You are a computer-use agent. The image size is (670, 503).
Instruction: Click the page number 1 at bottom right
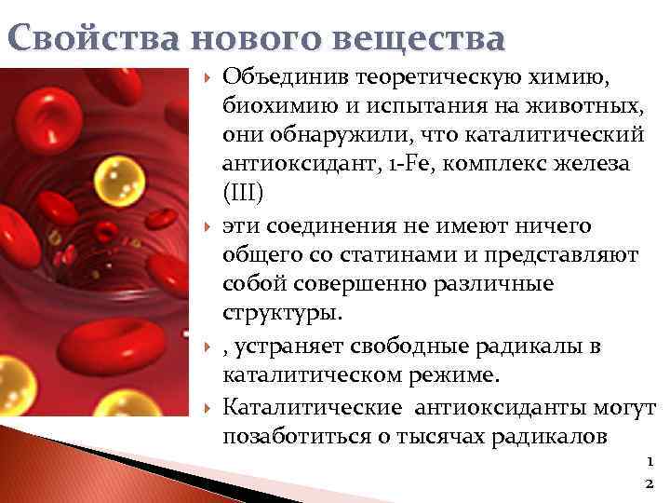click(649, 460)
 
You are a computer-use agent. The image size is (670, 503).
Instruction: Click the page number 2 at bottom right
click(649, 483)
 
